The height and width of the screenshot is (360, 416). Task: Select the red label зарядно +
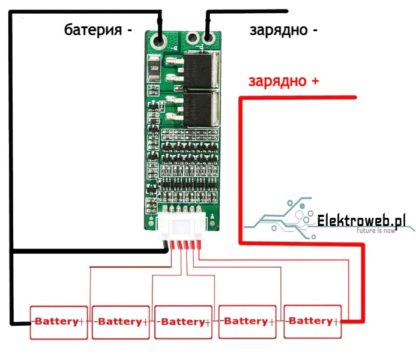[x=284, y=81]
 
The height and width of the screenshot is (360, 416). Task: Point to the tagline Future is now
[x=376, y=230]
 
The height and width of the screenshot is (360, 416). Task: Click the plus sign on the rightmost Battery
[x=339, y=321]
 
